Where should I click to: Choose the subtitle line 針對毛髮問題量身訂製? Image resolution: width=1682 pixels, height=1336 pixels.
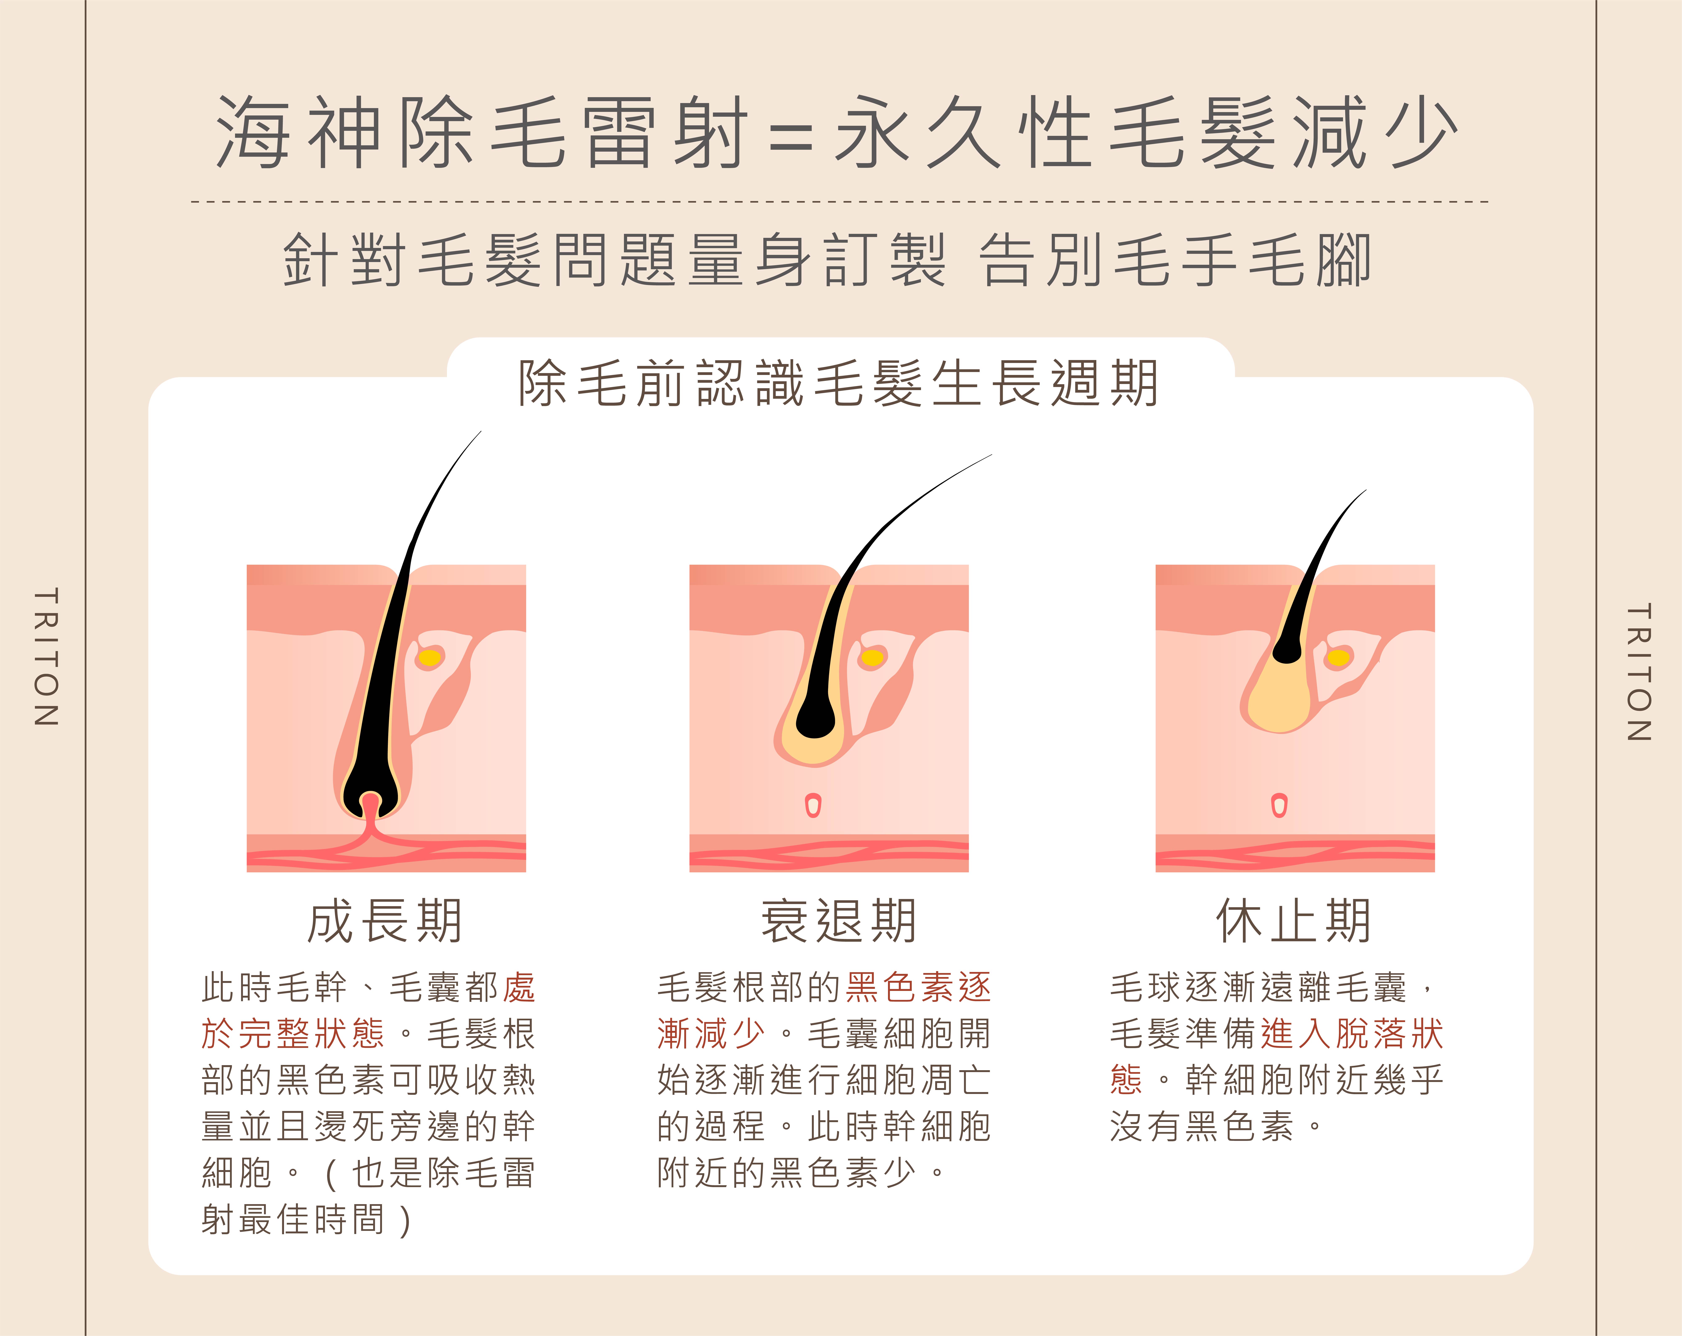click(615, 260)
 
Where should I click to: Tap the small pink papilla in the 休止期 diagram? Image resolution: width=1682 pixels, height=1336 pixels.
click(1279, 805)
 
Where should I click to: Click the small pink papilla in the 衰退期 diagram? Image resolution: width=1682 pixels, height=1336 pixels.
click(813, 805)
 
